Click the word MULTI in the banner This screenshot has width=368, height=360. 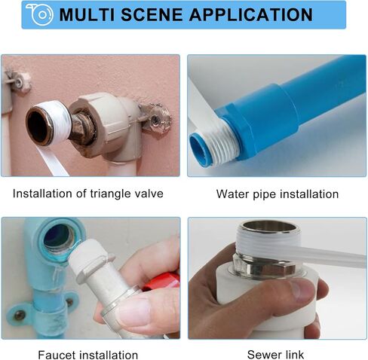(87, 15)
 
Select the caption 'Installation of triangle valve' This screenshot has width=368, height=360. (88, 194)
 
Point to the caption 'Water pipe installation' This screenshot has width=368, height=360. (278, 194)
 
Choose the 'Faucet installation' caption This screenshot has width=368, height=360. (88, 354)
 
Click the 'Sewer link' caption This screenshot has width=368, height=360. (276, 354)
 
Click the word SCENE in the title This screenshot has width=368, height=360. (155, 15)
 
